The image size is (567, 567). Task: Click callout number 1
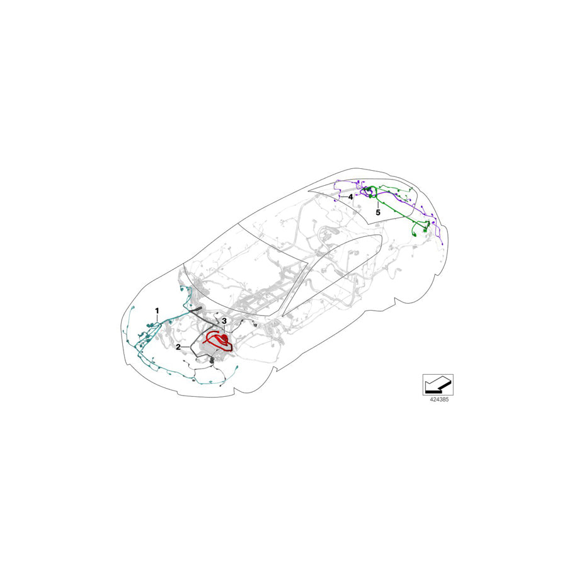157,311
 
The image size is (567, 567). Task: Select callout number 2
179,346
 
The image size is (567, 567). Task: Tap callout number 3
224,321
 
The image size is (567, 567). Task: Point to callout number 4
350,196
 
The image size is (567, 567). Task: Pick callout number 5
378,213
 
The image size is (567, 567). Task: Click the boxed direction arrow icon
438,383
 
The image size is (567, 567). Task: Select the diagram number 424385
438,399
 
